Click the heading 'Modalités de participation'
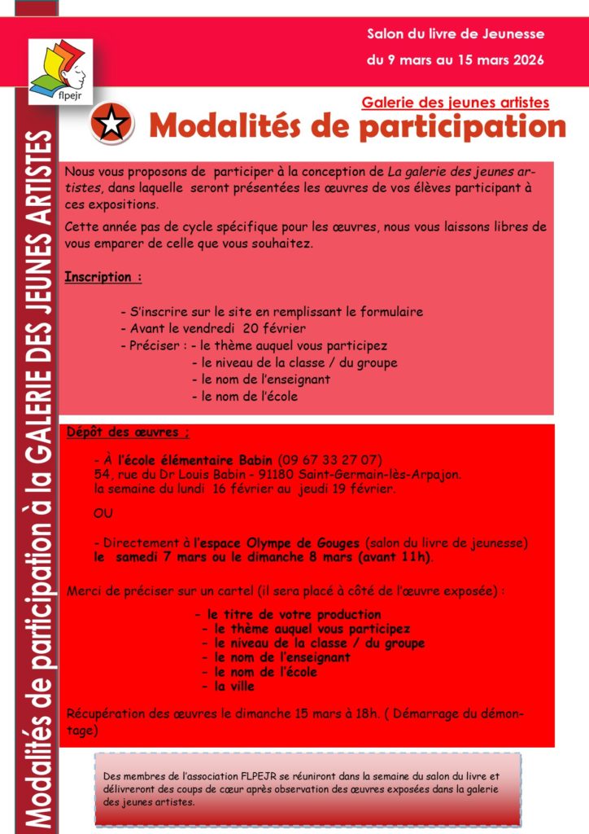tap(357, 126)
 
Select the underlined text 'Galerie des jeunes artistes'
tap(455, 103)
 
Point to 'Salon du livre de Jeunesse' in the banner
tap(456, 34)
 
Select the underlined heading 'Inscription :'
tap(103, 277)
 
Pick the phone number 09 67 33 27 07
tap(330, 459)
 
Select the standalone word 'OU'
tap(103, 515)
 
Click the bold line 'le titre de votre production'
tap(293, 614)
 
